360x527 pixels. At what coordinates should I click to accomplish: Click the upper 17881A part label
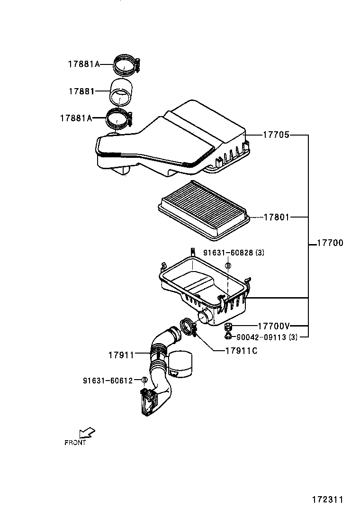(x=83, y=64)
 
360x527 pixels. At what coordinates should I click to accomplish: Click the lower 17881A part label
(x=76, y=118)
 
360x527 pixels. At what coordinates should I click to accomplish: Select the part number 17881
(x=81, y=91)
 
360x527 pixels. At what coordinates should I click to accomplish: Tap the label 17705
(x=276, y=135)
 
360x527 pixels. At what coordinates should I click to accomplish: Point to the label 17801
(x=276, y=217)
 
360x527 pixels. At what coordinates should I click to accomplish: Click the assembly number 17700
(x=330, y=243)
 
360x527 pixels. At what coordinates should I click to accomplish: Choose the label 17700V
(x=273, y=326)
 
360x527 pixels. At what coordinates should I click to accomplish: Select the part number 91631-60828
(x=228, y=253)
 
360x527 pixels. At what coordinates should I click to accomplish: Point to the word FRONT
(x=75, y=443)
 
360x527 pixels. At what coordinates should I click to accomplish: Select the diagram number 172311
(x=327, y=500)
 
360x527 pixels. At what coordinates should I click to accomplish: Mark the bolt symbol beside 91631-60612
(x=145, y=380)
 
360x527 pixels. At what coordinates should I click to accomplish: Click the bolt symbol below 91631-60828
(x=228, y=266)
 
